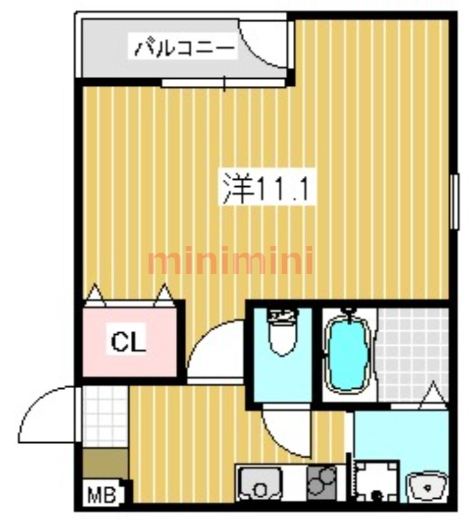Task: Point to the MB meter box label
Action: [x=102, y=496]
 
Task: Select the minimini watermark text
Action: [x=230, y=262]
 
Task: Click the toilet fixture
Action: [x=282, y=332]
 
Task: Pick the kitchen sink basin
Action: [x=261, y=486]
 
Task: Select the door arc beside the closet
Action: [x=215, y=348]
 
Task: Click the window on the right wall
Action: [x=454, y=201]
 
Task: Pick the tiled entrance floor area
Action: [x=105, y=417]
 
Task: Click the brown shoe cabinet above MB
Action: [x=105, y=464]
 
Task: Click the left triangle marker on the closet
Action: [x=96, y=295]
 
